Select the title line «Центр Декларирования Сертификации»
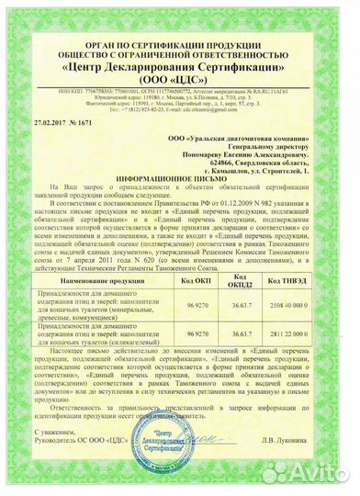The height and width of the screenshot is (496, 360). pyautogui.click(x=179, y=67)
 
